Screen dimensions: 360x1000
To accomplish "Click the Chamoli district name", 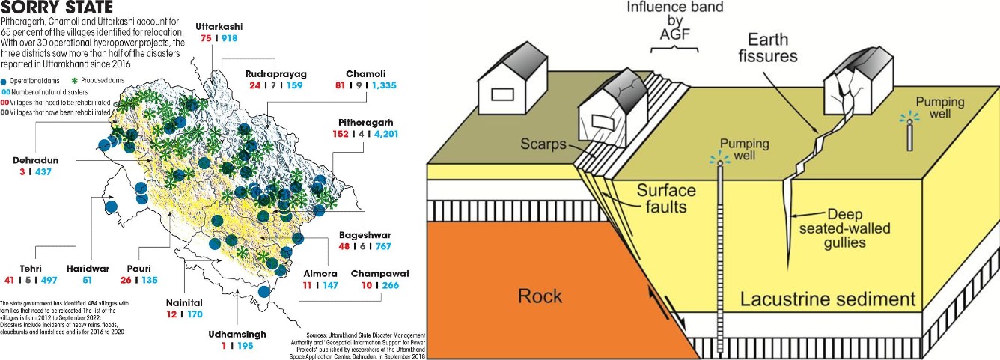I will point(365,74).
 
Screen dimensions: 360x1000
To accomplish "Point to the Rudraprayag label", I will point(275,74).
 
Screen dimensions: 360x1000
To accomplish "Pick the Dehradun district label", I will point(38,159).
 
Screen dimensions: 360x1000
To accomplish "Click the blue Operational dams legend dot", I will point(4,79).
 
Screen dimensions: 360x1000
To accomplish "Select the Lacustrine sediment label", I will point(828,299).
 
